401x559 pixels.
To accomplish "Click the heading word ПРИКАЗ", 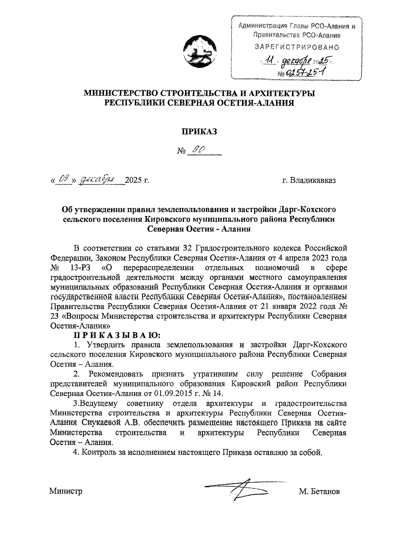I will (199, 132).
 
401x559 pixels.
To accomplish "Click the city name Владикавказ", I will (313, 181).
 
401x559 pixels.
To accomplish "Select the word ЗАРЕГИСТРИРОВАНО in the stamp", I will (297, 47).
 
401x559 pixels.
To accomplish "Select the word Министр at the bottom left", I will (66, 491).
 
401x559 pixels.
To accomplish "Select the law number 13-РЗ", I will (79, 268).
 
